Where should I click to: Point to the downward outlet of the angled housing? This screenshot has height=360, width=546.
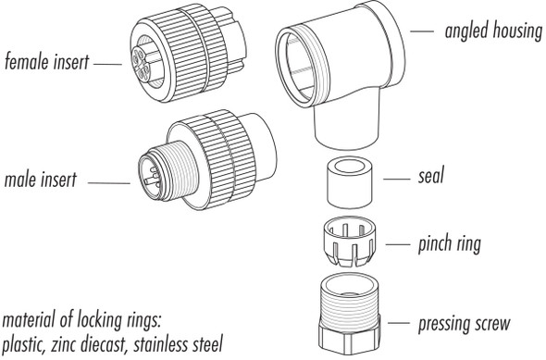coord(350,130)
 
